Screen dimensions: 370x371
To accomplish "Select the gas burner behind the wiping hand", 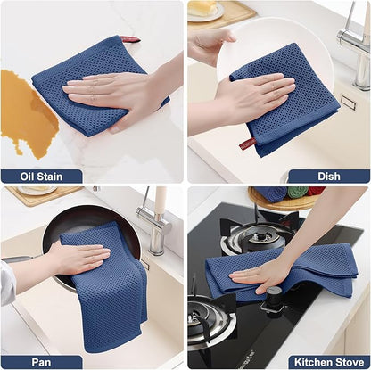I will pyautogui.click(x=255, y=235).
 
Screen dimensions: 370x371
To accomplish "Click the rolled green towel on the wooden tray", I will pyautogui.click(x=293, y=193).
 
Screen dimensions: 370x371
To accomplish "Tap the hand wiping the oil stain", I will pyautogui.click(x=116, y=89).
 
